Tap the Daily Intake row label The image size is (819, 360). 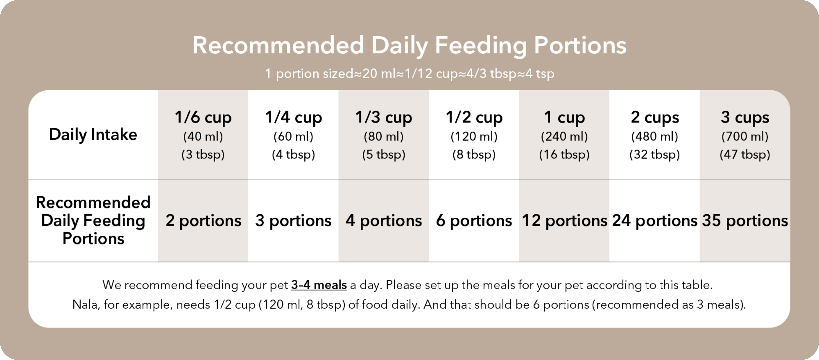click(93, 135)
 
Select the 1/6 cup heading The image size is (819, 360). click(203, 117)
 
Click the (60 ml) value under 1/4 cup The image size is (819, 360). click(293, 136)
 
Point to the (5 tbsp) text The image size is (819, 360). click(384, 154)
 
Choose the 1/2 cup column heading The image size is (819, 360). click(474, 117)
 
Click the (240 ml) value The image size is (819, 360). click(564, 136)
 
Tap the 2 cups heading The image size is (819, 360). click(655, 117)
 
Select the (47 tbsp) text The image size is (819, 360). click(745, 154)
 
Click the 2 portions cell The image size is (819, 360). click(203, 221)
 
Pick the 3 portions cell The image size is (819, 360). click(293, 221)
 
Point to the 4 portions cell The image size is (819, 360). click(384, 221)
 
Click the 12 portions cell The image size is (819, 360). click(564, 221)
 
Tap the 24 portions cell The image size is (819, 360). click(655, 221)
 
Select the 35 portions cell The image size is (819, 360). click(745, 221)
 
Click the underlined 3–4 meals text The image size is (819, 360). click(319, 285)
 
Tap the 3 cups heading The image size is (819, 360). click(745, 117)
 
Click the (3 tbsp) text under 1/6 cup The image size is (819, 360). click(203, 154)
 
